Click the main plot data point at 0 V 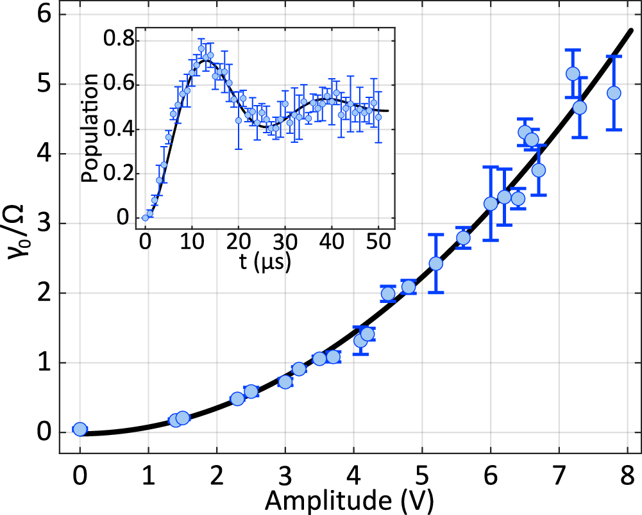click(x=80, y=429)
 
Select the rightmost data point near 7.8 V click(x=614, y=93)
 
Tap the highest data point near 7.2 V click(x=573, y=74)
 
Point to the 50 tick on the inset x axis click(x=378, y=242)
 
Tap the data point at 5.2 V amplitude click(x=436, y=263)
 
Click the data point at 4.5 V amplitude click(x=388, y=294)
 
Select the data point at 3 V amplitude click(x=285, y=382)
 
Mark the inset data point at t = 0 click(x=146, y=218)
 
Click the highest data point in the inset click(x=201, y=48)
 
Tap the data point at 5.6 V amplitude click(x=463, y=238)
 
